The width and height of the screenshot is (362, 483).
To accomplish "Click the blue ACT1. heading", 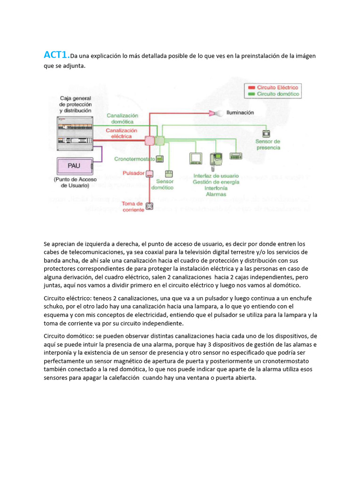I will click(x=56, y=55).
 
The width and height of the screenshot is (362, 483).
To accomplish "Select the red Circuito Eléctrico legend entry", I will click(x=273, y=88).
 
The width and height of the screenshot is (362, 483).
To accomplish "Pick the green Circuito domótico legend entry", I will click(x=273, y=94).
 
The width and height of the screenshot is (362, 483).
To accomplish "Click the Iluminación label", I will click(x=240, y=113).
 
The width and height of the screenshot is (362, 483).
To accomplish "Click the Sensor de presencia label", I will click(x=267, y=144).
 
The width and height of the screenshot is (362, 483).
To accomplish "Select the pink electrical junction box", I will click(x=149, y=141).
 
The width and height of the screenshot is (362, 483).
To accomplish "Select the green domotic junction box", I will click(x=159, y=141).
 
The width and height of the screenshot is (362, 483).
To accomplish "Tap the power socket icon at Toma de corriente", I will click(x=150, y=206).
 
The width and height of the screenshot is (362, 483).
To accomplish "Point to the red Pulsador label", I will click(x=133, y=173).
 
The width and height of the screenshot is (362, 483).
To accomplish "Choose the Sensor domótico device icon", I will click(x=168, y=173).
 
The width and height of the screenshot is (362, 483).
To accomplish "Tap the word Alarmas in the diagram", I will click(x=216, y=194).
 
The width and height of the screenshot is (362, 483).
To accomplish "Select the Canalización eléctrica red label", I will click(x=121, y=133).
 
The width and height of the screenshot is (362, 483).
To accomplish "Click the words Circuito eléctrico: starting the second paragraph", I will click(x=67, y=299).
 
